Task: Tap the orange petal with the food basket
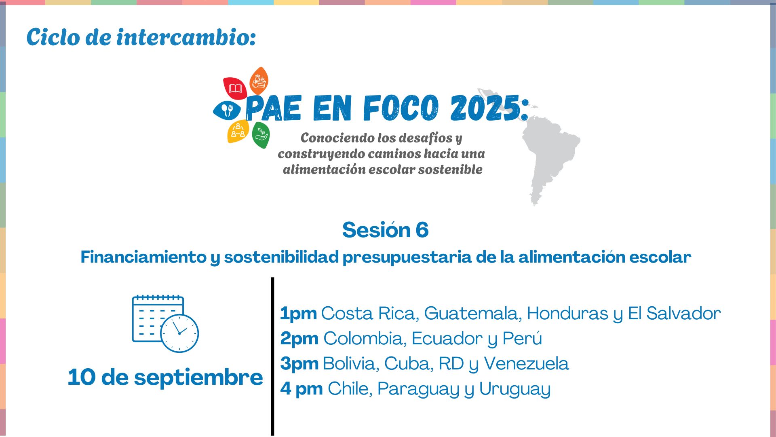[259, 81]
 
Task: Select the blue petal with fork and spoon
[227, 110]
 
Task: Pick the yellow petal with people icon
[238, 131]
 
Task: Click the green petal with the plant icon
[261, 135]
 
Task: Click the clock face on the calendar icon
[179, 333]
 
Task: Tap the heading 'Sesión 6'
[385, 230]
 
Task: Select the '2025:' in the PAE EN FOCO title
[489, 108]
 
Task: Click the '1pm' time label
[298, 314]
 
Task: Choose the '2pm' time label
[299, 339]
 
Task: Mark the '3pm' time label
[299, 364]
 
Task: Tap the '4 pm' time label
[302, 389]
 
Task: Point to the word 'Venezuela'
[526, 364]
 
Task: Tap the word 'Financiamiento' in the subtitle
[143, 257]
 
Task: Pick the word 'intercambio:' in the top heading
[186, 37]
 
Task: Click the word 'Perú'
[522, 338]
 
